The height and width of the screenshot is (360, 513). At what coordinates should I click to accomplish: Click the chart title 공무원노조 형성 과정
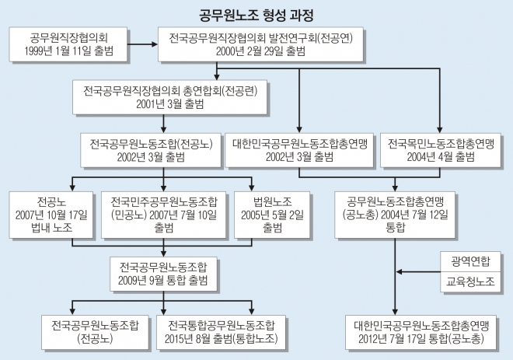tap(256, 13)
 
